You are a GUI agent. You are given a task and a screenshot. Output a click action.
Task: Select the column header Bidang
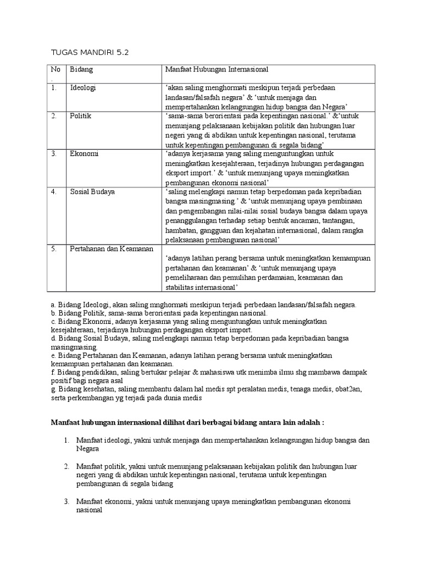coord(81,70)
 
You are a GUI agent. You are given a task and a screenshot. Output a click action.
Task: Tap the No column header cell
coord(54,70)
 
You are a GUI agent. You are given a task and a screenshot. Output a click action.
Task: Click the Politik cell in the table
coord(80,117)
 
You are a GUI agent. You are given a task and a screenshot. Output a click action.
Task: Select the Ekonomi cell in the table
coord(84,154)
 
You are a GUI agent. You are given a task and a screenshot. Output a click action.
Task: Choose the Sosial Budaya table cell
coord(92,192)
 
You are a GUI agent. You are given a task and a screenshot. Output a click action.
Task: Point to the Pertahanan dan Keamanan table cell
coord(112,249)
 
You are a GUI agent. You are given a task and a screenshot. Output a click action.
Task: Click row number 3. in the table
coord(54,154)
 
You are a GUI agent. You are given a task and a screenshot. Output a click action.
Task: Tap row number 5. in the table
coord(54,249)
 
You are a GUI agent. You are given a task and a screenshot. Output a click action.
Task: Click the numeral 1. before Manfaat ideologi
coord(65,440)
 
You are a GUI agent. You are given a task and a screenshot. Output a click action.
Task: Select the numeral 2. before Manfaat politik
coord(65,466)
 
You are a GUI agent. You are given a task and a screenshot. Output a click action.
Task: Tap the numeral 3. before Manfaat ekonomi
coord(65,501)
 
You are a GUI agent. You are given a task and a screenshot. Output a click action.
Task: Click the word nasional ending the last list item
coord(90,510)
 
